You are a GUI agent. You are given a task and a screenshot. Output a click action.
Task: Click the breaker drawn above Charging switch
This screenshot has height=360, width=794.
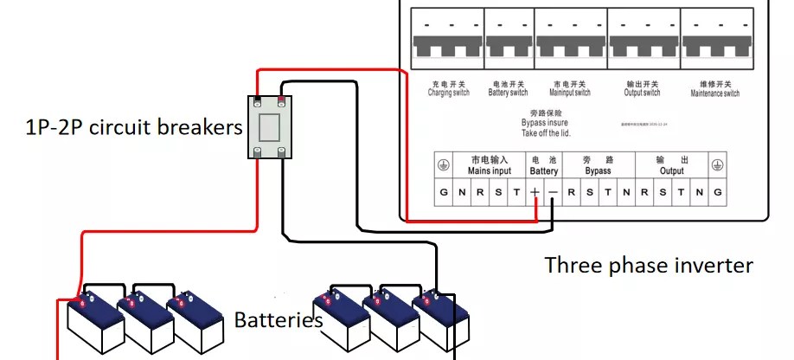(x=449, y=34)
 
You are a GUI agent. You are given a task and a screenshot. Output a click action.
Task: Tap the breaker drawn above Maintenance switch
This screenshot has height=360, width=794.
(x=715, y=34)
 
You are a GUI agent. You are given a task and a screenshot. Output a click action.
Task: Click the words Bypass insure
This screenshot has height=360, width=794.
(x=544, y=123)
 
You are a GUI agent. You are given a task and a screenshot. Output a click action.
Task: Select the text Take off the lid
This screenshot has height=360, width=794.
(x=546, y=133)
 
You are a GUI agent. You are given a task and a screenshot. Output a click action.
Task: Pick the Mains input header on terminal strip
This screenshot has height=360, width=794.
(x=490, y=165)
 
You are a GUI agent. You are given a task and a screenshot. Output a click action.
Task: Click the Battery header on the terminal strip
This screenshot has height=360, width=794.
(x=544, y=165)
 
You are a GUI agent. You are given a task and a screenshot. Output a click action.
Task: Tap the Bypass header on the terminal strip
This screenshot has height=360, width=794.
(x=598, y=165)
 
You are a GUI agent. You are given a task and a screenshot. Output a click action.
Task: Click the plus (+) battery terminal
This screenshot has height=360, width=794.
(x=535, y=191)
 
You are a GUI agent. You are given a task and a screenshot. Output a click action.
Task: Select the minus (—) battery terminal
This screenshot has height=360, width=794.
(x=553, y=191)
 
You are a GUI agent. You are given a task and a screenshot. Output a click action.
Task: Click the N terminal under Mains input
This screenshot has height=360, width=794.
(x=462, y=191)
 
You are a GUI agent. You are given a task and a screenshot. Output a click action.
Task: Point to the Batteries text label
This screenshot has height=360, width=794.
(x=279, y=320)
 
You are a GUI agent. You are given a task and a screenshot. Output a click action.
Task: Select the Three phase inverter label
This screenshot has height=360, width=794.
(x=649, y=265)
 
